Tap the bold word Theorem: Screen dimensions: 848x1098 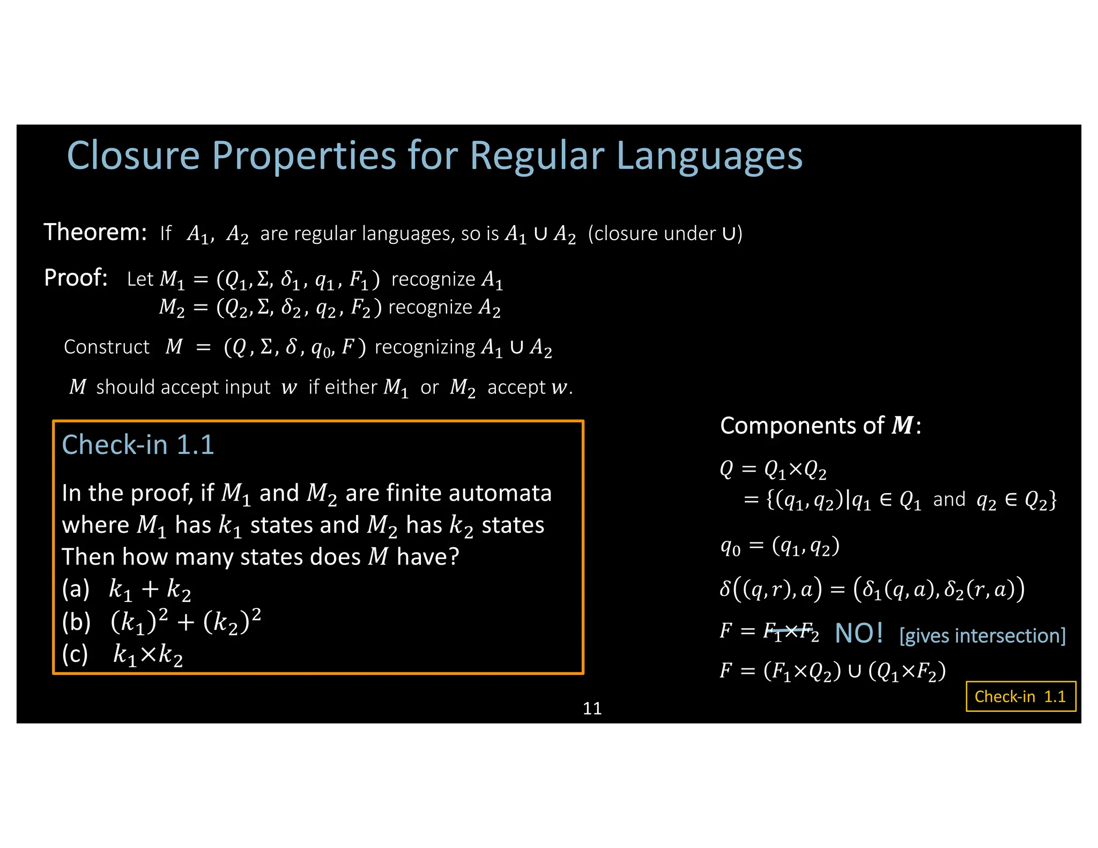point(95,233)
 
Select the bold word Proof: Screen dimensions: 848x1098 point(76,278)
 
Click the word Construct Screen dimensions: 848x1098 point(106,347)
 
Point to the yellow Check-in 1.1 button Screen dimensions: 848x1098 point(1020,696)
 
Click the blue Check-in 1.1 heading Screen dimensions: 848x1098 point(138,445)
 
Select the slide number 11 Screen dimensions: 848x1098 point(592,709)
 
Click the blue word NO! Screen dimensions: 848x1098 point(859,634)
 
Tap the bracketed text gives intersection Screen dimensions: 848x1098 point(982,636)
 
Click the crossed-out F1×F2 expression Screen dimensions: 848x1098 point(791,632)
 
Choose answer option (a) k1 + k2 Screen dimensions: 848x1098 point(127,589)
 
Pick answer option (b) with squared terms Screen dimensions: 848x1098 point(161,622)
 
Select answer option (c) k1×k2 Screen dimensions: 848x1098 point(123,654)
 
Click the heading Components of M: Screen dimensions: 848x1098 point(820,426)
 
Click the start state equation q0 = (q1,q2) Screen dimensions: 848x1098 point(780,547)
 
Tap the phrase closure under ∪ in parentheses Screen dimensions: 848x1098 point(665,234)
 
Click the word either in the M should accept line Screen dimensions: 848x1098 point(343,387)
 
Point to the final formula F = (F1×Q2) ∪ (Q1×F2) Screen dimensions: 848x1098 point(833,671)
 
